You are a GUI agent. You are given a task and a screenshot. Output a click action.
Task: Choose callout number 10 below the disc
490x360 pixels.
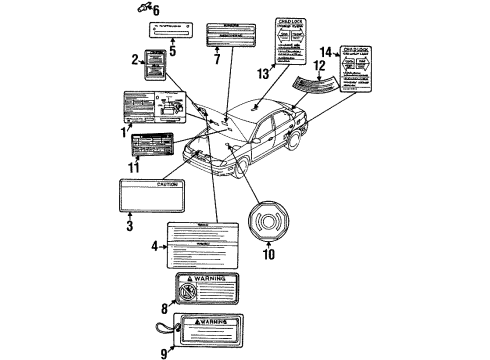coord(267,254)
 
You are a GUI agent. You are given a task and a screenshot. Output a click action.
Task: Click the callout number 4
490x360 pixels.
coord(155,246)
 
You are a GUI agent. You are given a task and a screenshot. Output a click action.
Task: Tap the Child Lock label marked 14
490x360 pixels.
coord(365,70)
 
